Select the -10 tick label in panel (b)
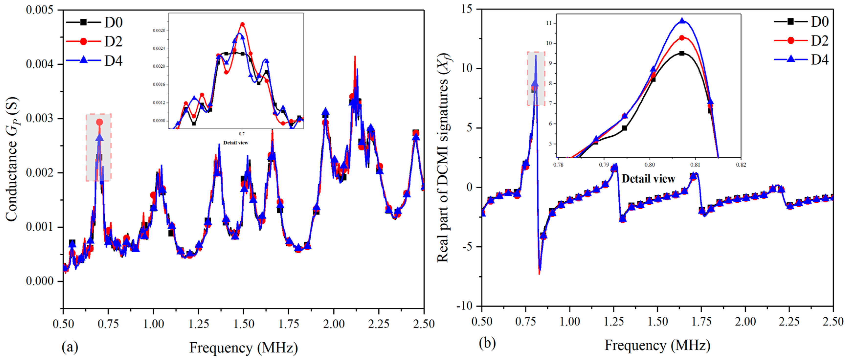click(464, 306)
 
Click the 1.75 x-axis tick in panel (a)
click(289, 324)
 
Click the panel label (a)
click(70, 347)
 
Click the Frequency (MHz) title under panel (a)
click(243, 348)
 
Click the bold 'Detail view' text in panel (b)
click(648, 179)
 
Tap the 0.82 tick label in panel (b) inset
click(741, 165)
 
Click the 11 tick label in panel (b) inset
click(549, 23)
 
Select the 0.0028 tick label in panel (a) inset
click(159, 31)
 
